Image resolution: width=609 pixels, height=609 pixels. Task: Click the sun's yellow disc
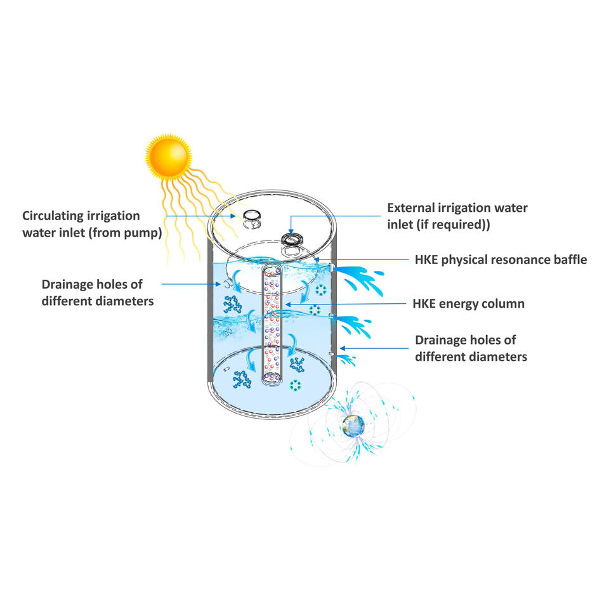pyautogui.click(x=167, y=153)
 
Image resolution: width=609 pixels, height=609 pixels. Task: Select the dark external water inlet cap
pyautogui.click(x=292, y=240)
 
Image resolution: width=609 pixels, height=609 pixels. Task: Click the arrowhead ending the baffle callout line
pyautogui.click(x=318, y=260)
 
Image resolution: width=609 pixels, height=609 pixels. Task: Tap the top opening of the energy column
pyautogui.click(x=272, y=270)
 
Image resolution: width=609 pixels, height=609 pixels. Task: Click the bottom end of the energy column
pyautogui.click(x=272, y=379)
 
